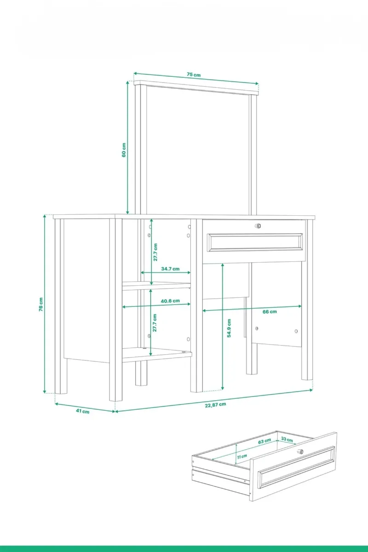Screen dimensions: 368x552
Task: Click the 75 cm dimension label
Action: pos(194,75)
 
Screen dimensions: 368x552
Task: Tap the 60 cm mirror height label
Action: pos(124,150)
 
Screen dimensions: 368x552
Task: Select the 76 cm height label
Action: pos(41,305)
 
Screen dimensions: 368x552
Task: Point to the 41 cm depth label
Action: pos(83,411)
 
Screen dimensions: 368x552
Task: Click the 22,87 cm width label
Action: pos(215,405)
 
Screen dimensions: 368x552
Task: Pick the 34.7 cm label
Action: pos(170,269)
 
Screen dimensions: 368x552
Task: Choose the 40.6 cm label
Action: pos(170,301)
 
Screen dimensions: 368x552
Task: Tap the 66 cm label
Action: pos(270,312)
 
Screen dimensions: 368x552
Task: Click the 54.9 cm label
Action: pos(229,328)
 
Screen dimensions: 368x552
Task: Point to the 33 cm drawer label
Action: pos(287,439)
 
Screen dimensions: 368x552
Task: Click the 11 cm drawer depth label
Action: pos(242,457)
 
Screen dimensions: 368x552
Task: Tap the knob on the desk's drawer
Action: pos(258,226)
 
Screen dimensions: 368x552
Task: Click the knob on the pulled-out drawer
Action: pos(301,452)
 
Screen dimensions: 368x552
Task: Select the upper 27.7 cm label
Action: pos(155,252)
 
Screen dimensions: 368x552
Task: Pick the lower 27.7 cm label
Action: pos(155,322)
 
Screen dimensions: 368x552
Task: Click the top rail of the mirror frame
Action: pos(196,88)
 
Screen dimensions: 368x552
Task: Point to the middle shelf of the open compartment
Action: pos(156,286)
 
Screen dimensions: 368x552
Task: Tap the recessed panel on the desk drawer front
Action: pos(255,242)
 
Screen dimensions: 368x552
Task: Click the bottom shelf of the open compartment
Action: pos(157,355)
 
